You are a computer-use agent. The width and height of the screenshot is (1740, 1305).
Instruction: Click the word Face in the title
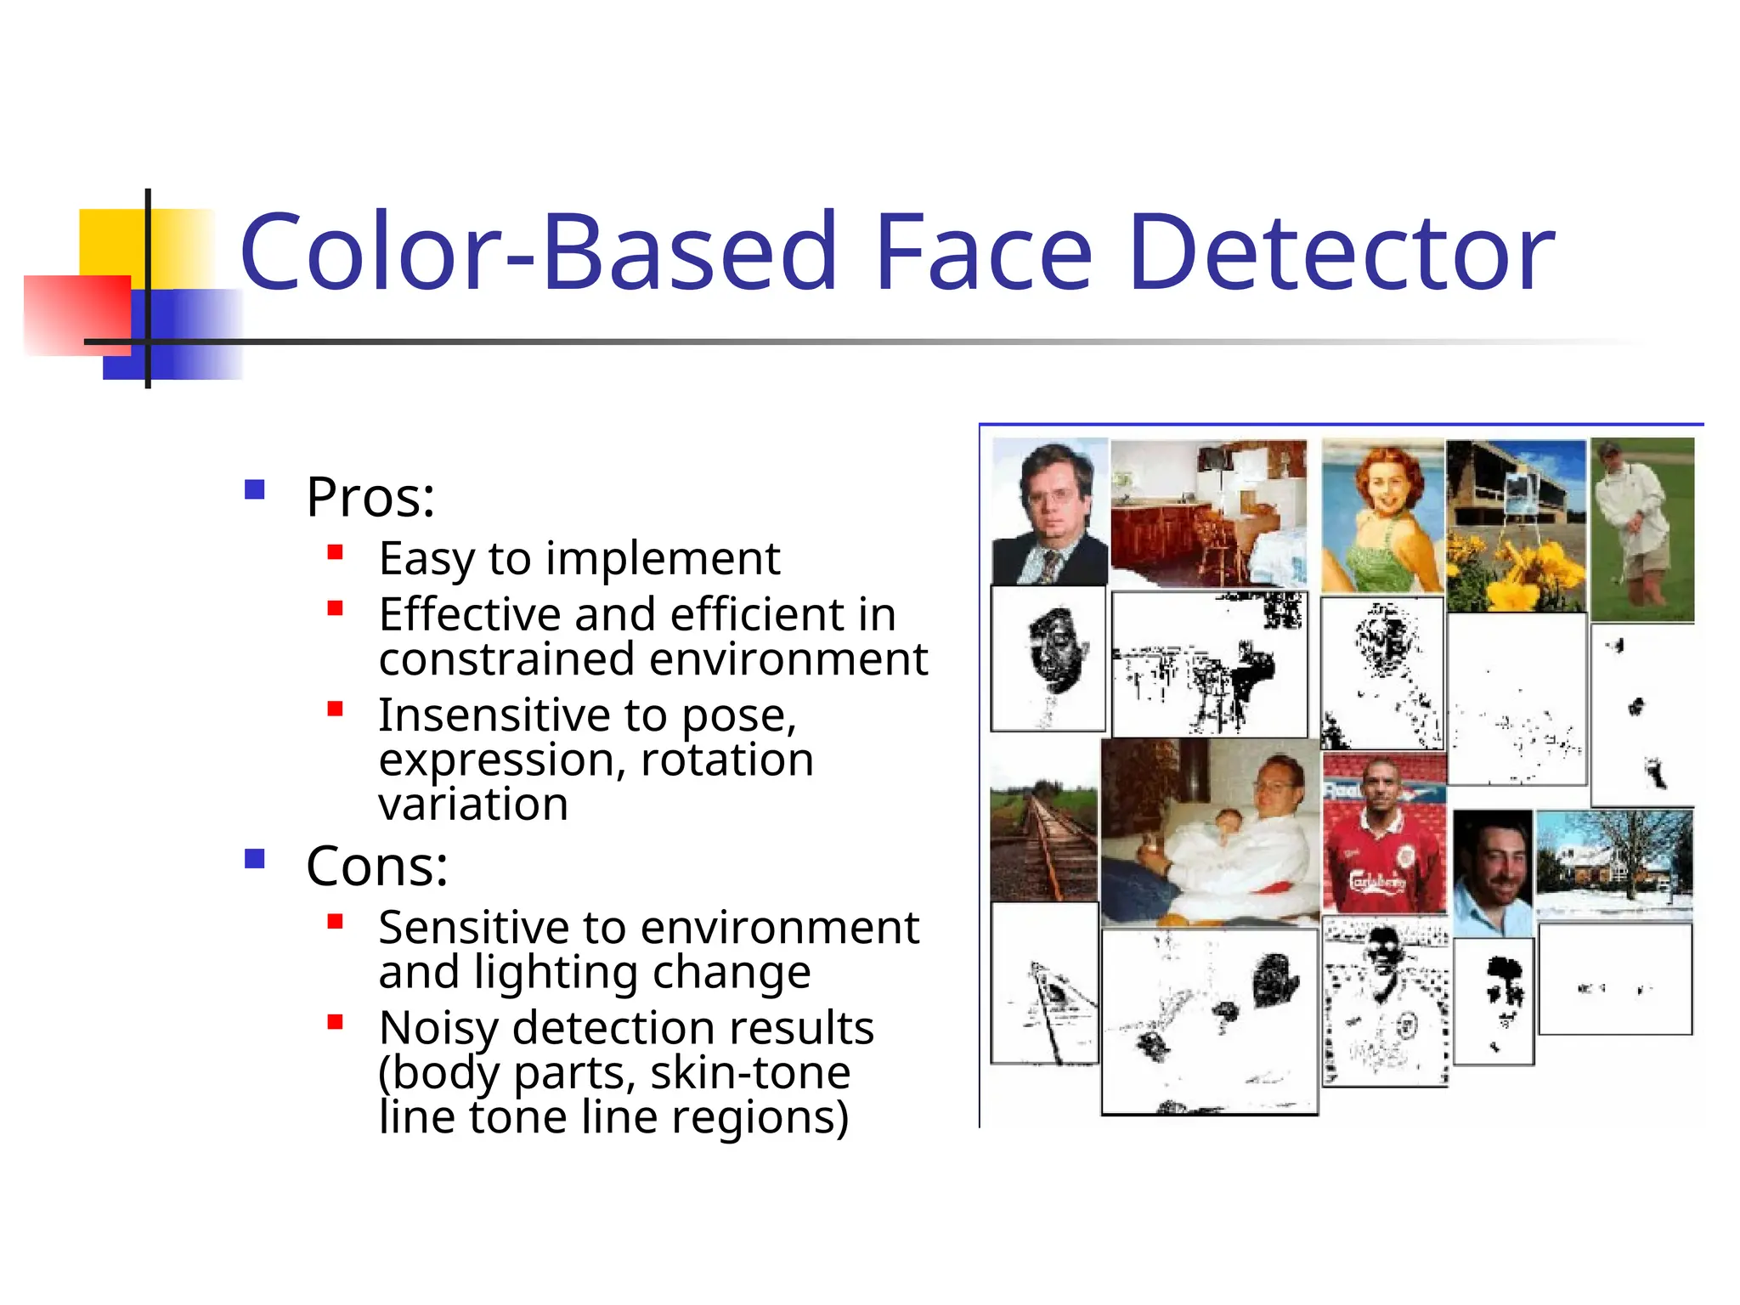tap(983, 252)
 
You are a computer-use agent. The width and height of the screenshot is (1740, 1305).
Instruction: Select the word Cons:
tap(376, 867)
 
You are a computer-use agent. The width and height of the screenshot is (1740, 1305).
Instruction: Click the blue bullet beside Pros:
tap(254, 490)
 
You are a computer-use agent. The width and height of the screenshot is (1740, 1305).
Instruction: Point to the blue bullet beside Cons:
tap(254, 859)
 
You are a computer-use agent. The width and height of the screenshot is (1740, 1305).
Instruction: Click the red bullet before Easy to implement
tap(336, 553)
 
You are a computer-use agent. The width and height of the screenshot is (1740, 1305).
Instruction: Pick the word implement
tap(662, 560)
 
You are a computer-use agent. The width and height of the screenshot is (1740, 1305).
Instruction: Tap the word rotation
tap(726, 760)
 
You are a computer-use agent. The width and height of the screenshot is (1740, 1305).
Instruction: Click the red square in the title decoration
tap(76, 314)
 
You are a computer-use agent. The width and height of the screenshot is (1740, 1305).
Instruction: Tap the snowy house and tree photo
tap(1613, 865)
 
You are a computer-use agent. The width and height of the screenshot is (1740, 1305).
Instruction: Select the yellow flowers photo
tap(1516, 526)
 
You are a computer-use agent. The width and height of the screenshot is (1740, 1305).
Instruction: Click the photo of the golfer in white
tap(1641, 530)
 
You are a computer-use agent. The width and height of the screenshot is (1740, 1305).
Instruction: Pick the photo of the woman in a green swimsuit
tap(1382, 515)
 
